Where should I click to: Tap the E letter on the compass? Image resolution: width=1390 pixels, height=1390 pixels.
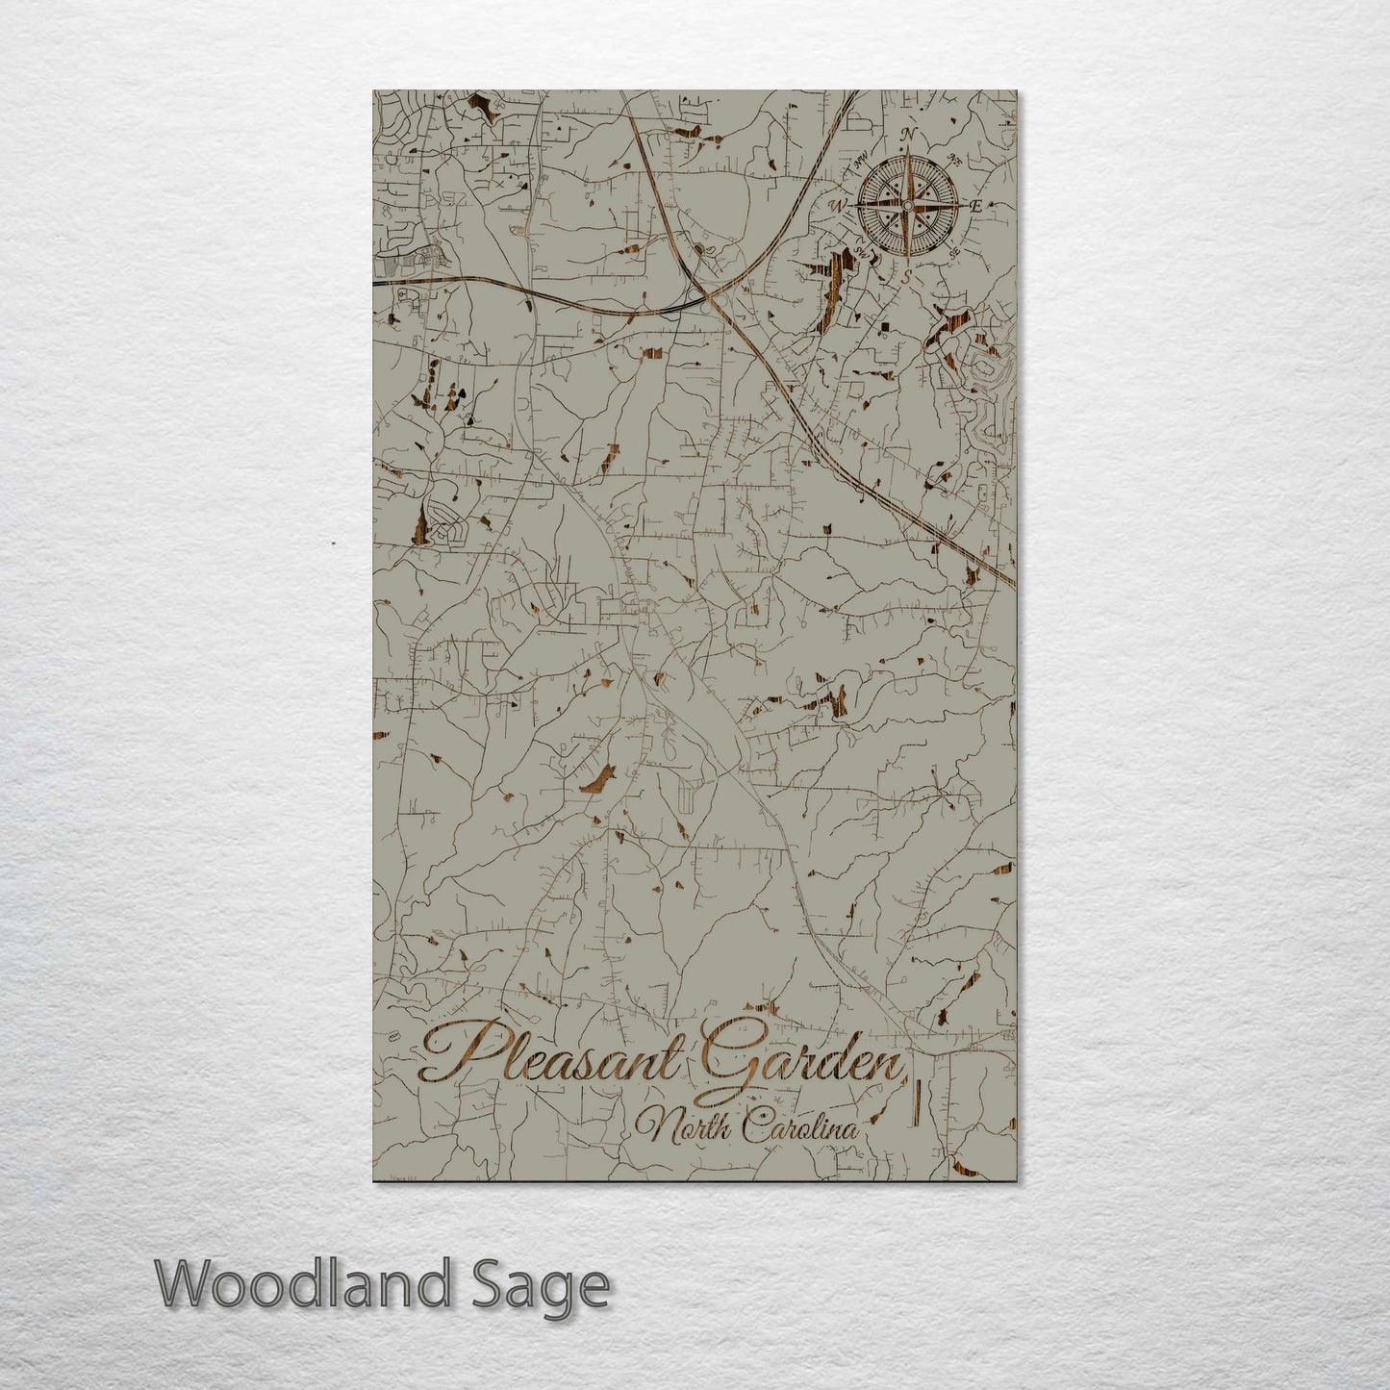pos(974,206)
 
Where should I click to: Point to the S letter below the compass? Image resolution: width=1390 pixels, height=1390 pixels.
pos(905,275)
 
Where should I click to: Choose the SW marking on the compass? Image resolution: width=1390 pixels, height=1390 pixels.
pos(861,252)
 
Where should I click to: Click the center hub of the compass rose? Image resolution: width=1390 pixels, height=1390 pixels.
pos(906,204)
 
